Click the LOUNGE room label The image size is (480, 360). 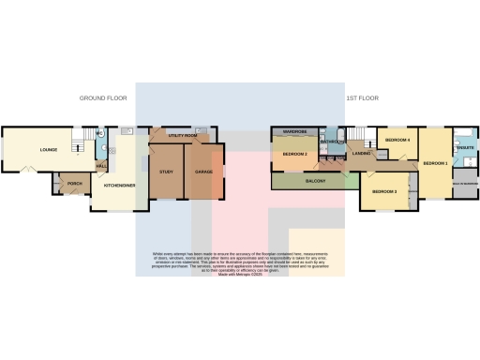pos(49,150)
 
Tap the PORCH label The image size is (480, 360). pos(74,184)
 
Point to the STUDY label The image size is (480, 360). pos(167,172)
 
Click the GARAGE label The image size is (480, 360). pos(203,172)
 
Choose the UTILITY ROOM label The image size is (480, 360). pos(183,136)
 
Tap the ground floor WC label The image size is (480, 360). pos(100,135)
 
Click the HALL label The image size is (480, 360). pos(100,167)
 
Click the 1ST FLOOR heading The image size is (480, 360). pos(362,97)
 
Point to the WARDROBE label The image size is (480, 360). pos(296,132)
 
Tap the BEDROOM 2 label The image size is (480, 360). pos(296,153)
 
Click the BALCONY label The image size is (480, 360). pos(316,181)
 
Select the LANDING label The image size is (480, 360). pos(359,154)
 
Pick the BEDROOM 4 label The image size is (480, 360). pos(397,140)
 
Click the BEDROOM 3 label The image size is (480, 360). pos(384,191)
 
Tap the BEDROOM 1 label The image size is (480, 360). pos(435,163)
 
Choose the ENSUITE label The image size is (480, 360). pos(465,148)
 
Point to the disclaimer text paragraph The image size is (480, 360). pos(240,262)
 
